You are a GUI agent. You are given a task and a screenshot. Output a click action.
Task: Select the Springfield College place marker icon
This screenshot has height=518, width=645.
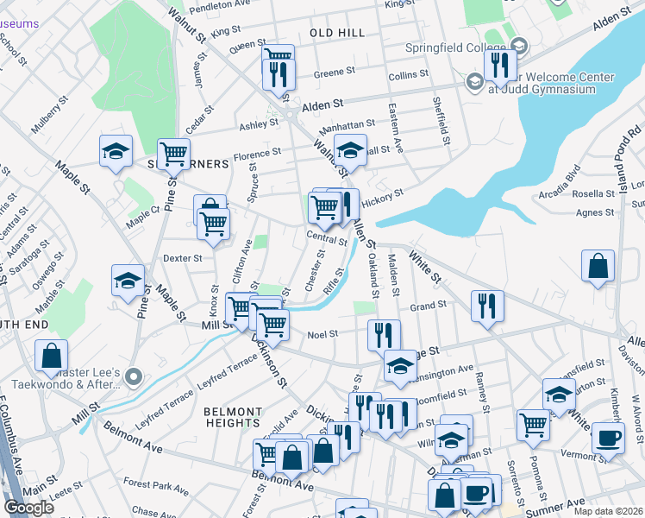coord(518,46)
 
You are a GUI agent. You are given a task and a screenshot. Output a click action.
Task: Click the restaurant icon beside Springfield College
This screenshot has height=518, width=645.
coord(499,65)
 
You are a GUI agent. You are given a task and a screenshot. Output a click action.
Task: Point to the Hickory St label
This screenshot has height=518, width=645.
coord(384,198)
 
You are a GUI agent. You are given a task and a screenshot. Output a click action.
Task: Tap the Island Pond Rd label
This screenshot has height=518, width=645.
coord(626,160)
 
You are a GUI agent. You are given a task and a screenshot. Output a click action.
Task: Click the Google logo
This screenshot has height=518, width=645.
coord(29,508)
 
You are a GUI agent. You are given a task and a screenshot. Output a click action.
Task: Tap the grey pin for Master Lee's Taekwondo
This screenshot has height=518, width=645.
coord(132,376)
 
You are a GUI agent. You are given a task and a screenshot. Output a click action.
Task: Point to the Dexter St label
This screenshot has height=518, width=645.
coord(182,257)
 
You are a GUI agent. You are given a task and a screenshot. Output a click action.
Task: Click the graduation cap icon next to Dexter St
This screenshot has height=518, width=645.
coord(128,281)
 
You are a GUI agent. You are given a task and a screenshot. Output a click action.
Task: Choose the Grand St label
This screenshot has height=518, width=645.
coord(428,306)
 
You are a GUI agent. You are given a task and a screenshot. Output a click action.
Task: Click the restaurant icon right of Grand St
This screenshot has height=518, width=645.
coord(487,306)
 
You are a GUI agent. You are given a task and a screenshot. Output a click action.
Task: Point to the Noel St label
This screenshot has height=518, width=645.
coord(322,333)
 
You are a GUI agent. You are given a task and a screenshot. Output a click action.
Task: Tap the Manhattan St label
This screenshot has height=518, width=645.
coord(347,126)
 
